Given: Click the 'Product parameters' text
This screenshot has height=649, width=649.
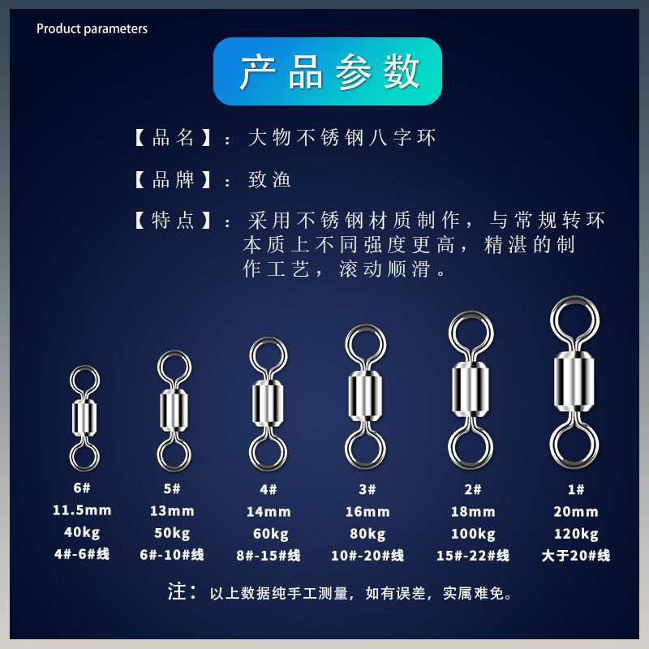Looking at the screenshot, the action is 92,29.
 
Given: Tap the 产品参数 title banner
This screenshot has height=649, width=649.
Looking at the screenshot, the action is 328,71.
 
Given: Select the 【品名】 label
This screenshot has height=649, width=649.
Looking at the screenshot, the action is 173,138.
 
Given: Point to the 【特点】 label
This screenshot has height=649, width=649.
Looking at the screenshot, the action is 173,221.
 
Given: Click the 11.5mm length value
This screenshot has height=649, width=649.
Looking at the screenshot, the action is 81,511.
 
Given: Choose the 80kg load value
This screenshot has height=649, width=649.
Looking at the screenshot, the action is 367,534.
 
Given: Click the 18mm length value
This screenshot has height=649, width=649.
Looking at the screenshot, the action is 472,512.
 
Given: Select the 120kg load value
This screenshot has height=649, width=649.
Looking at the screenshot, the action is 576,534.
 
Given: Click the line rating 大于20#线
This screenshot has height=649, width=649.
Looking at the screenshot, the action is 576,556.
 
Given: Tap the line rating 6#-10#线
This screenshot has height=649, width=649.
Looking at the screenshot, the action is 173,556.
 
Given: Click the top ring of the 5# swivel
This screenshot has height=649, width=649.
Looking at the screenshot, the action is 174,370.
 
